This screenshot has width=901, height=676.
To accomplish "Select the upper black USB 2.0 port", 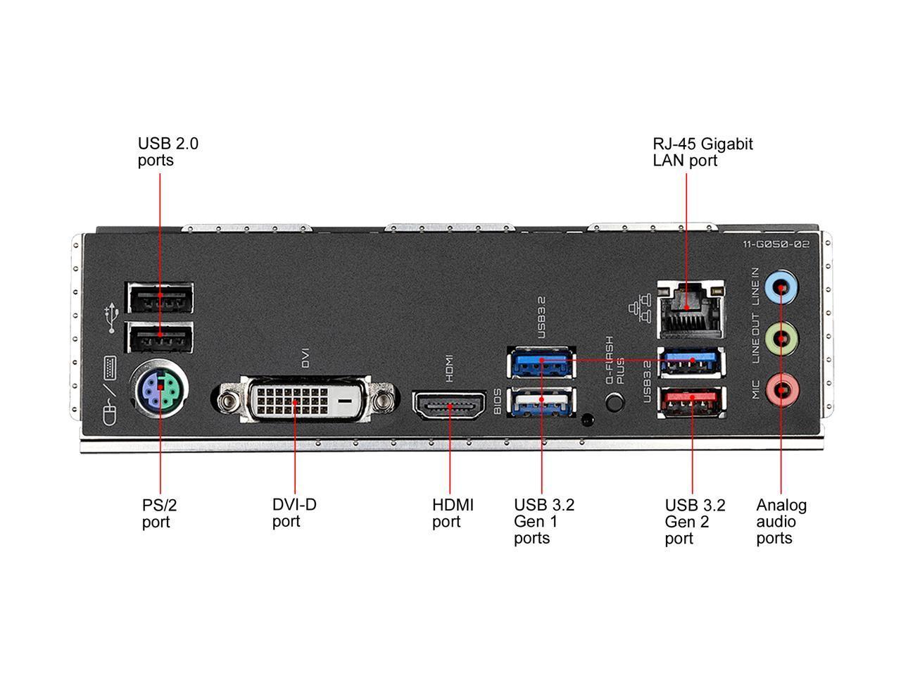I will (160, 297).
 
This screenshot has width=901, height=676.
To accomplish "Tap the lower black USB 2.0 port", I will (160, 337).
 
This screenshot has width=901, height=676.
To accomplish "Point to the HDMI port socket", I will (450, 406).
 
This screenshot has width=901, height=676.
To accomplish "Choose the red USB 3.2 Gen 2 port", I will (691, 401).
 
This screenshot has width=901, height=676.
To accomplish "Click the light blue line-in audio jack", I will (781, 286).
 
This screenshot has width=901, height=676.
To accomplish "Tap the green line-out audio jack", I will (781, 337).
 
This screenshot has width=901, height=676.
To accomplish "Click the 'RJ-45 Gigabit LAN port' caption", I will (702, 152).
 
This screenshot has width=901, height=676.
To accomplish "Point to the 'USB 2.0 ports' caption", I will (168, 152).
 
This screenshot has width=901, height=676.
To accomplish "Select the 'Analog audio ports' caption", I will (781, 522).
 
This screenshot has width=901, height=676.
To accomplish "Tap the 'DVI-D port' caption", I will (294, 513).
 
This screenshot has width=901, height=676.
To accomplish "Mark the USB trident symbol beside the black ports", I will (110, 318).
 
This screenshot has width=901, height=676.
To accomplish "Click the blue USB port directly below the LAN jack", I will (691, 361).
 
